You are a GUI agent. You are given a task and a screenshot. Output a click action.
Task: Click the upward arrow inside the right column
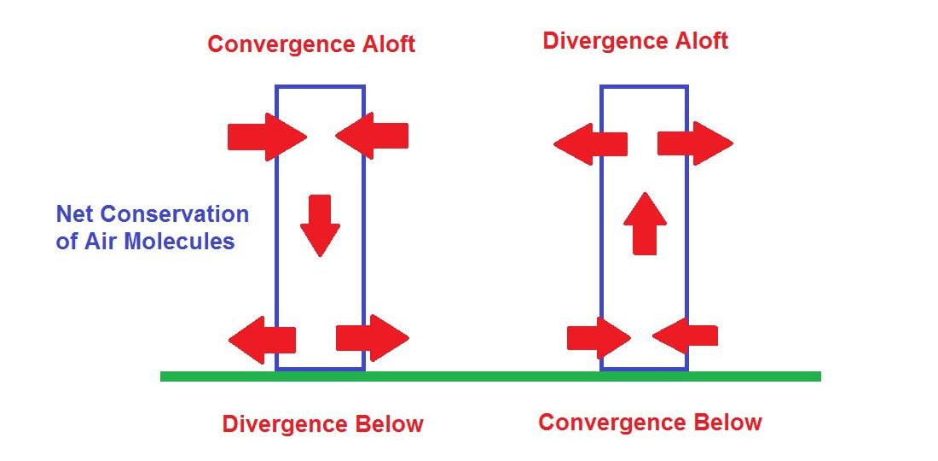pos(645,224)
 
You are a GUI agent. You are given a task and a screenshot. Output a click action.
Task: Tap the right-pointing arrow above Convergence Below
pos(598,338)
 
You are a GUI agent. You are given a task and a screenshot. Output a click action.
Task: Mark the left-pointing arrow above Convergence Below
pos(686,336)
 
